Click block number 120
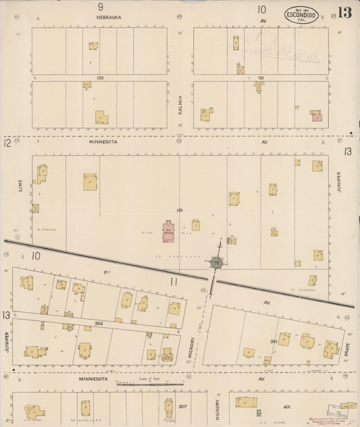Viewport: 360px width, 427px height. [x=99, y=78]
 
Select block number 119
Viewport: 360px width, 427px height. [x=259, y=78]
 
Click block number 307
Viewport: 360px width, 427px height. [x=182, y=407]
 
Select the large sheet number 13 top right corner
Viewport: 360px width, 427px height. [x=344, y=13]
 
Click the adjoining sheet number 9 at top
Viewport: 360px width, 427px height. [x=100, y=6]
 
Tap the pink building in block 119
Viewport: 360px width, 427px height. [x=317, y=117]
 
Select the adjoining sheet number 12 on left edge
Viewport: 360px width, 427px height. [x=7, y=143]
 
